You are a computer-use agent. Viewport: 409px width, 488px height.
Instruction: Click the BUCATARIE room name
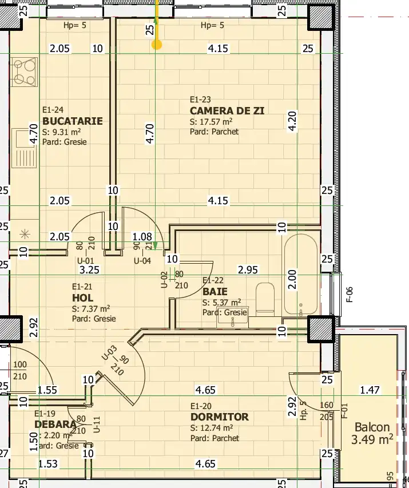72,121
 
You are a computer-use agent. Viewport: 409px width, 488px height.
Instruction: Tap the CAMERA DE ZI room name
227,110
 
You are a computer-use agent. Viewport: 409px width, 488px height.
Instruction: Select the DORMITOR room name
220,416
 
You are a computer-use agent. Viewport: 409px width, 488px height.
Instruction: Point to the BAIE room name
215,292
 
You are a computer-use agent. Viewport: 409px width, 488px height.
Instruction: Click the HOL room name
82,297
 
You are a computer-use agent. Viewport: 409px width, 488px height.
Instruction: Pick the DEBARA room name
55,424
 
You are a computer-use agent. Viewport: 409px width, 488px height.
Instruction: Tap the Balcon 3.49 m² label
373,433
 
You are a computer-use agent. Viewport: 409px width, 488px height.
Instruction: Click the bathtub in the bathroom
300,275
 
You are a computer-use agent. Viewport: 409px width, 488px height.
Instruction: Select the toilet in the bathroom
266,297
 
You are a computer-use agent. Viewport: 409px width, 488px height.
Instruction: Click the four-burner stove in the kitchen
23,73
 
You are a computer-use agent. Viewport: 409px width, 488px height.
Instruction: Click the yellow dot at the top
156,44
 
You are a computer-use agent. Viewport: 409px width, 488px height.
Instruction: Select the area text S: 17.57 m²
211,121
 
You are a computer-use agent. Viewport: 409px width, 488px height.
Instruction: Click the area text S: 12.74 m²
211,427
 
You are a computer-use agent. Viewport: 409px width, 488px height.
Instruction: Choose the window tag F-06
350,293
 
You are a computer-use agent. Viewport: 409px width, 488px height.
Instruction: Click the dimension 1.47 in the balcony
370,390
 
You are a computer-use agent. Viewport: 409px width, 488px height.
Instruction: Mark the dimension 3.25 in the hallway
90,268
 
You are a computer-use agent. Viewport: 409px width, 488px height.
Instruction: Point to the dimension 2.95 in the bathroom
248,268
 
